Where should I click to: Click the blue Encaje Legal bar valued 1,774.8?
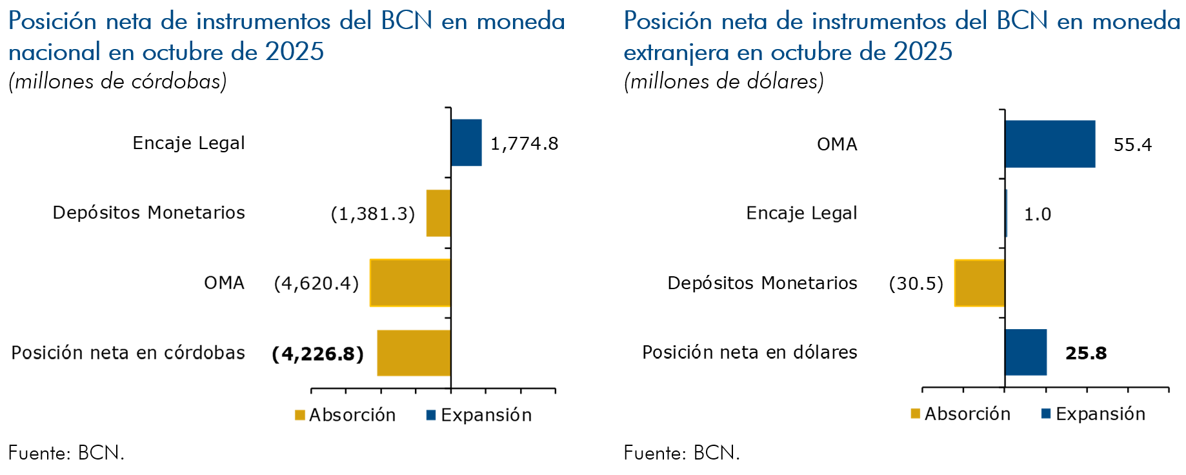(466, 143)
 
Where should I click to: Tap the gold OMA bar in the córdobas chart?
(410, 283)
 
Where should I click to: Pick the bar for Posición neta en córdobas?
(414, 352)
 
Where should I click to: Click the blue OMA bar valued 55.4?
(1050, 144)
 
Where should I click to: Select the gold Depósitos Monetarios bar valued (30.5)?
(980, 283)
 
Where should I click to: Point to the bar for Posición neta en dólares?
(1025, 352)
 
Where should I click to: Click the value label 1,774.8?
(524, 143)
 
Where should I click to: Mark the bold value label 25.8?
(1086, 353)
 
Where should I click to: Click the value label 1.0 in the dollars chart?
(1038, 214)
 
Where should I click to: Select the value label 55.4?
(1132, 145)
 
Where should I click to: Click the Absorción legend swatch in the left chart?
(300, 415)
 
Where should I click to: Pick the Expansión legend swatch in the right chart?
(1046, 414)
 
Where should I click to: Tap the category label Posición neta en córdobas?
(128, 352)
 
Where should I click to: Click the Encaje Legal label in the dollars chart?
(801, 213)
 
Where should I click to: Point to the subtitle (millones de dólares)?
(723, 81)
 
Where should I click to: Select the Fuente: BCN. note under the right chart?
(681, 453)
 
